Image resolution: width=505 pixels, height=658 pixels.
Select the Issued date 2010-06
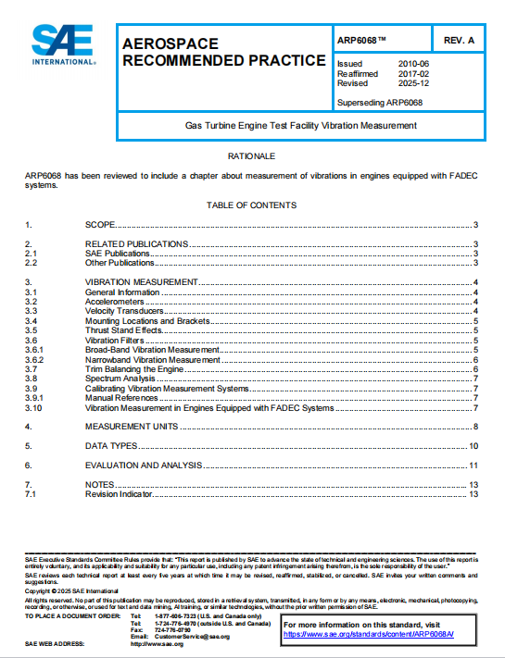pyautogui.click(x=413, y=63)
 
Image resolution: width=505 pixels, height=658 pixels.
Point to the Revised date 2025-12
pyautogui.click(x=413, y=81)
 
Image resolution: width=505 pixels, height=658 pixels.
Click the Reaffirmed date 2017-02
pyautogui.click(x=413, y=72)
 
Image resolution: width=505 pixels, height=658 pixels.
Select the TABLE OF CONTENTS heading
pyautogui.click(x=251, y=205)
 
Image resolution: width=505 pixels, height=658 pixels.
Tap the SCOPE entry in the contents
pyautogui.click(x=101, y=225)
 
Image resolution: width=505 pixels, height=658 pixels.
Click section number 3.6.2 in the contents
pyautogui.click(x=35, y=359)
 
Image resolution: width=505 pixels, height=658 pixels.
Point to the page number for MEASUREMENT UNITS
pyautogui.click(x=475, y=427)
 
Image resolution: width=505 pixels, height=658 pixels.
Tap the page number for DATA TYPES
pyautogui.click(x=473, y=446)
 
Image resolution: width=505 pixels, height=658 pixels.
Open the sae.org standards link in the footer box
pyautogui.click(x=356, y=636)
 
